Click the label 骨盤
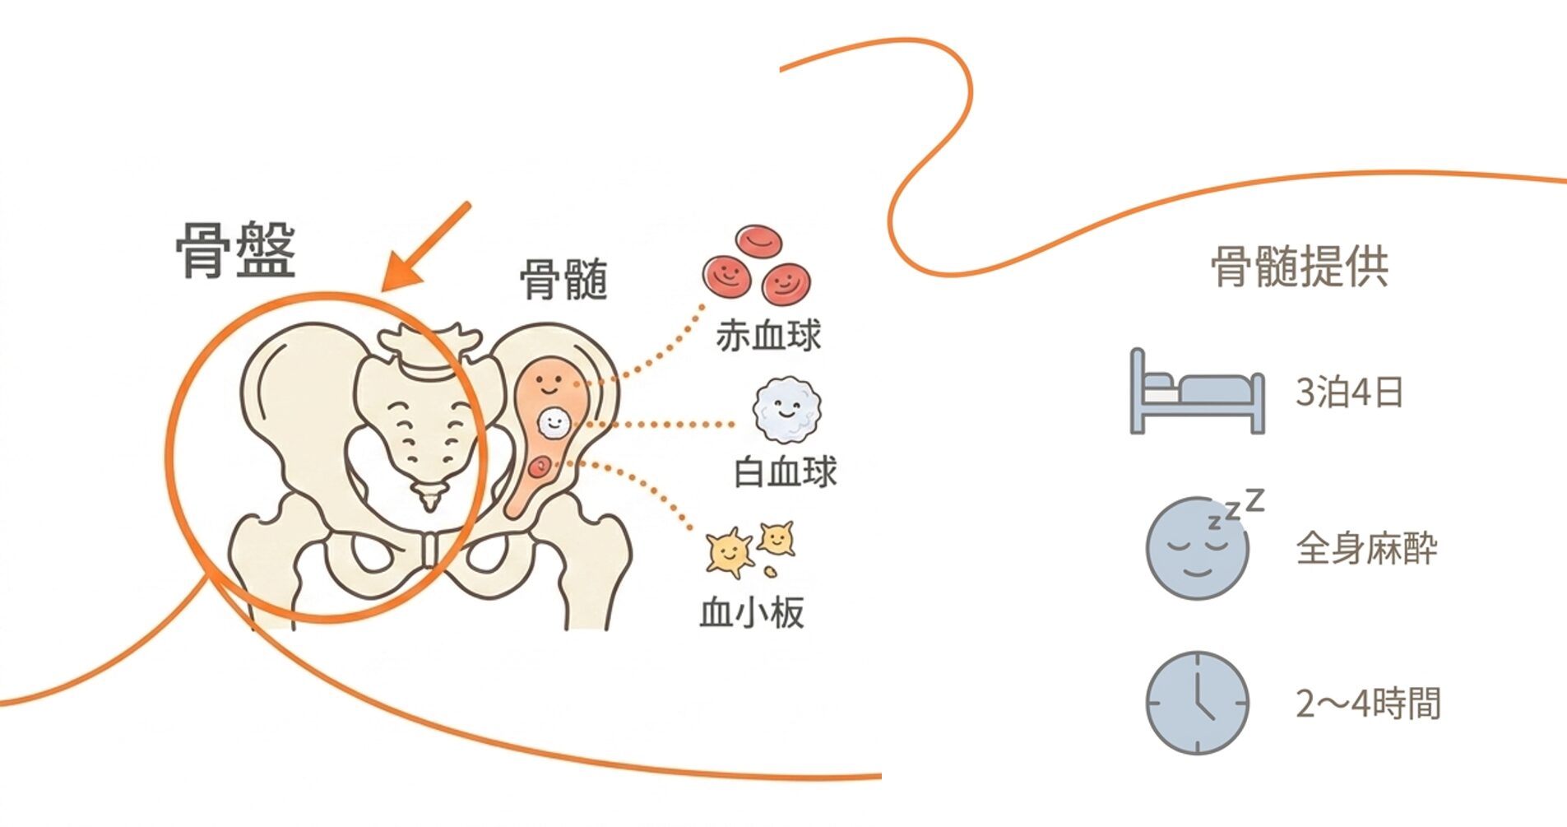point(235,250)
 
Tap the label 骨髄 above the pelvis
point(564,280)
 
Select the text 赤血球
point(768,336)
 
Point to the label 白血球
point(785,472)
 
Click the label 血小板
point(752,612)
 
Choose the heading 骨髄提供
point(1300,267)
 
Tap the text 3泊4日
point(1349,393)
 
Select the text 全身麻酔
point(1367,549)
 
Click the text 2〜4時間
point(1369,704)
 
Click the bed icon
point(1197,391)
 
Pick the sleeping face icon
point(1197,547)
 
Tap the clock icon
point(1197,703)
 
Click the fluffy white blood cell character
point(787,411)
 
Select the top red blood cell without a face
point(758,240)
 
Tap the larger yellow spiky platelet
point(729,551)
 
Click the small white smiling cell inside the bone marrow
point(554,423)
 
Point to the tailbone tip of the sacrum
point(429,505)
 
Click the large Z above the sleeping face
point(1254,499)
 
